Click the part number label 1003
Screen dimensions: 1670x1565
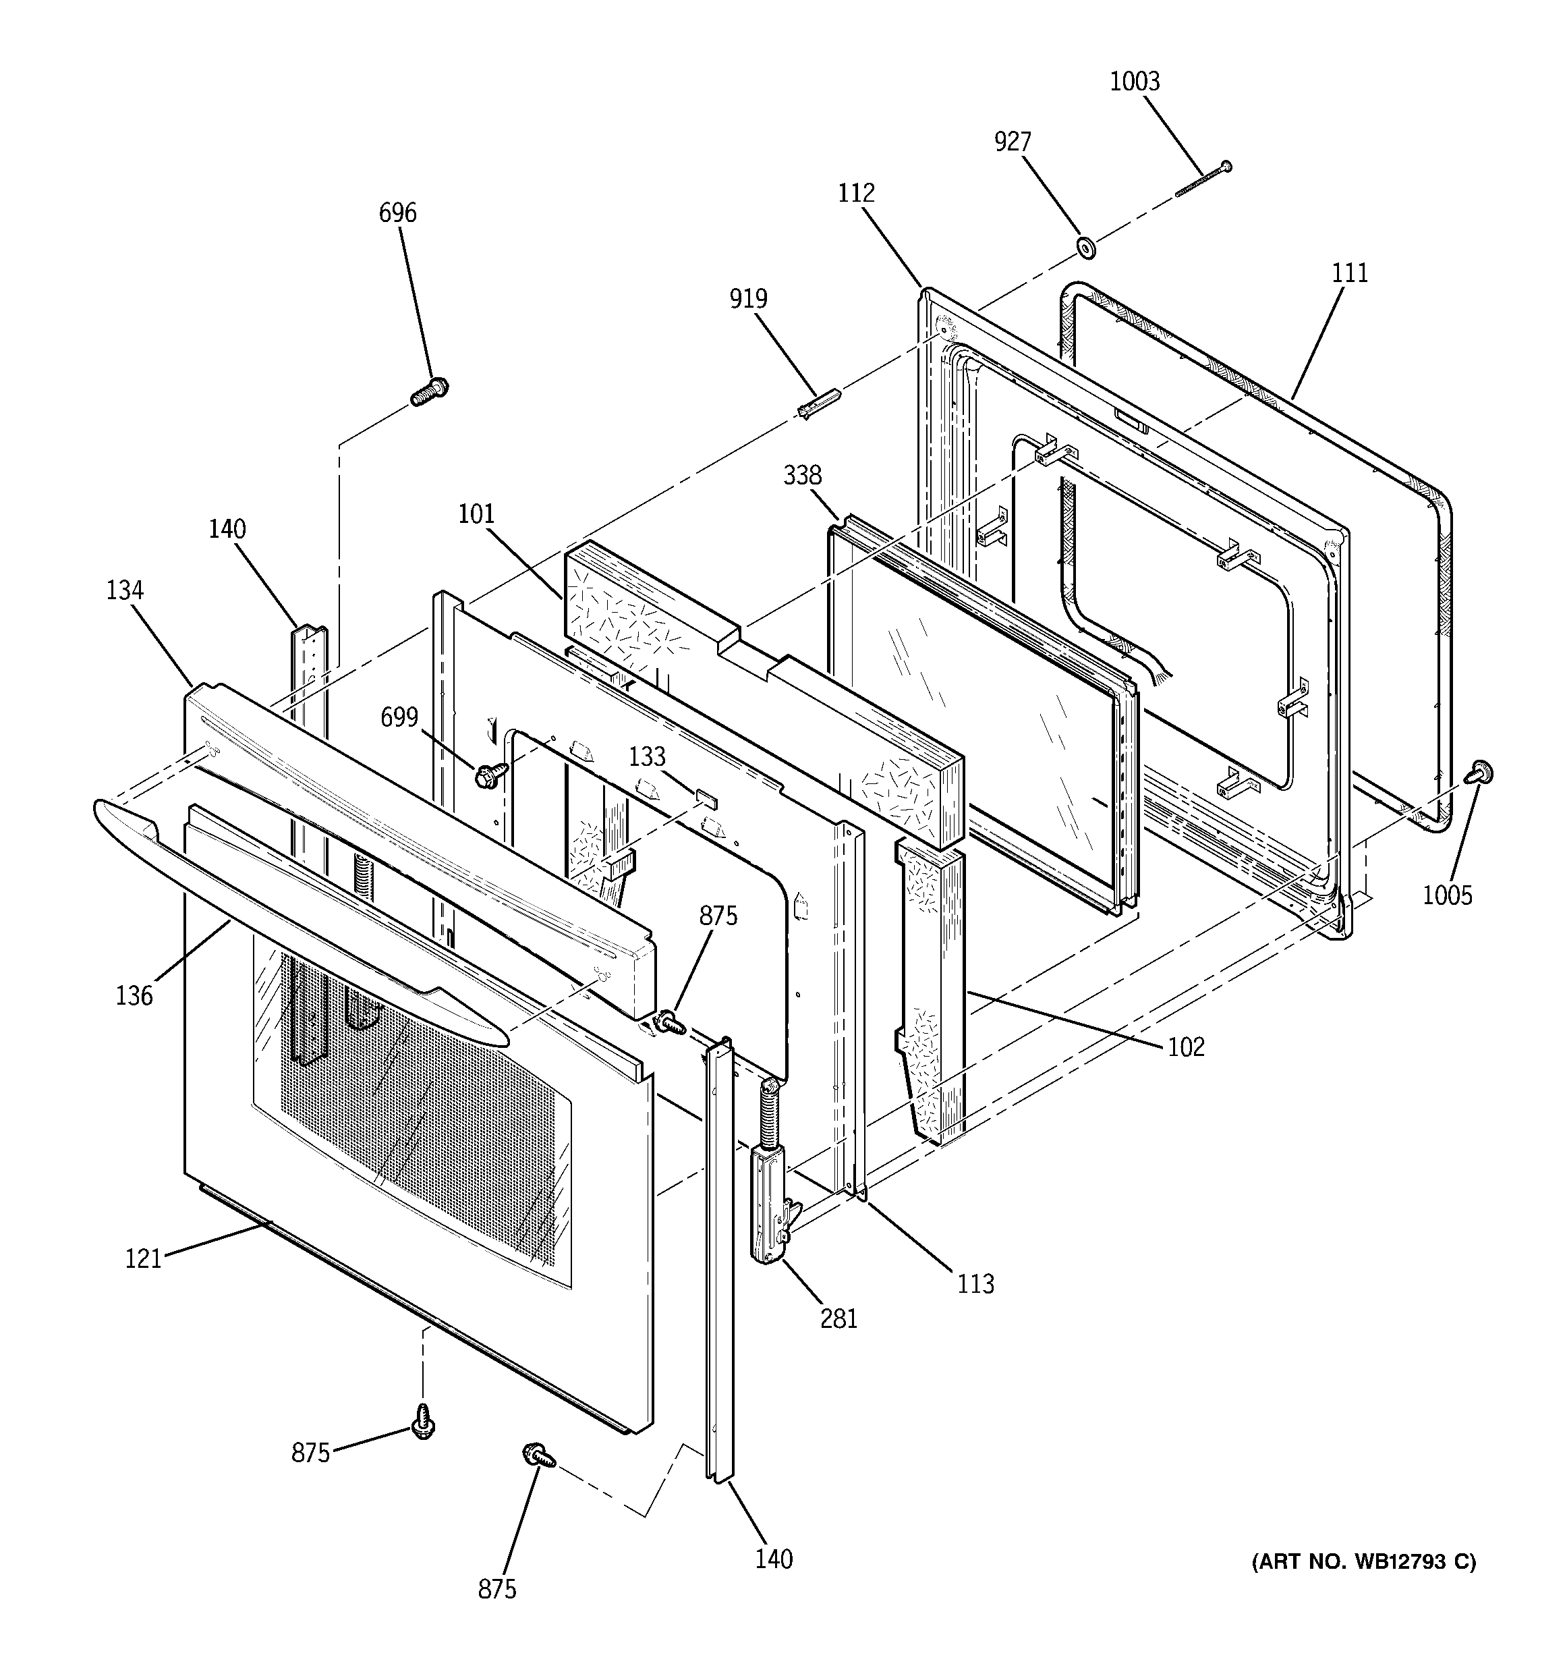click(x=1134, y=82)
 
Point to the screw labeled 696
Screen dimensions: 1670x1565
click(x=429, y=391)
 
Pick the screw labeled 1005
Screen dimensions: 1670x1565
click(x=1479, y=771)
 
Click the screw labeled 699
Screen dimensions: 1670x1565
click(x=490, y=774)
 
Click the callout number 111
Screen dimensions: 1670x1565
click(x=1350, y=273)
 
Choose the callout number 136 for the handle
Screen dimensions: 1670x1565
click(x=134, y=997)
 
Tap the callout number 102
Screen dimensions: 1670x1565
click(x=1186, y=1047)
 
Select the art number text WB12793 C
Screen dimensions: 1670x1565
click(x=1363, y=1561)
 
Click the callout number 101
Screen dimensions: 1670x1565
click(x=476, y=514)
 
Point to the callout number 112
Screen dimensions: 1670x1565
click(x=856, y=193)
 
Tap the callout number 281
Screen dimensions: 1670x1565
click(x=839, y=1319)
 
